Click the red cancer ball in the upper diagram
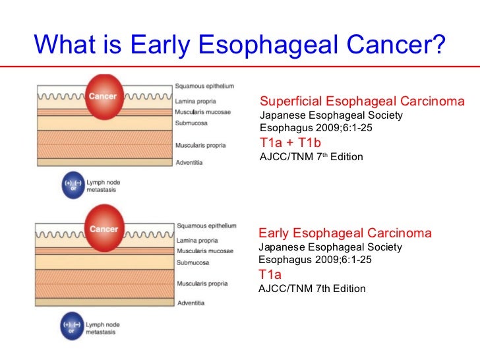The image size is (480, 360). pos(104,97)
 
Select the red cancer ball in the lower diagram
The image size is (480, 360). pos(104,228)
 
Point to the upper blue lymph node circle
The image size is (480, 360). pos(73,185)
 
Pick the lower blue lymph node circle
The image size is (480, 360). pos(72,326)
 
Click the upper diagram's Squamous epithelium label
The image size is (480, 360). pos(204,86)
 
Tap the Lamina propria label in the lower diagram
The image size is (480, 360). pos(197,240)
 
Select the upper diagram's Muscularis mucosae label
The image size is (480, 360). pos(202,112)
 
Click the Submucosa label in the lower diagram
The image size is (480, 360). pos(193,262)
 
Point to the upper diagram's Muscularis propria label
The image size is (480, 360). pos(200,146)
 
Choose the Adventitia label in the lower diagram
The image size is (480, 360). pos(191,303)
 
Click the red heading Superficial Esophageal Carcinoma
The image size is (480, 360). pos(362,102)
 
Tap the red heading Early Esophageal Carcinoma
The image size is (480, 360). pos(345,233)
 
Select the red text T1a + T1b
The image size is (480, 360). pos(290,142)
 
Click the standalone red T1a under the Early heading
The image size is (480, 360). pos(270,274)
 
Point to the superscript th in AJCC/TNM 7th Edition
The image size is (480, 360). pos(325,154)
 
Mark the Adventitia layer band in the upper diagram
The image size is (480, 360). pos(105,162)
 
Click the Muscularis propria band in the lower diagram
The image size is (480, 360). pos(105,284)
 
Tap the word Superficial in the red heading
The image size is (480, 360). pos(291,102)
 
